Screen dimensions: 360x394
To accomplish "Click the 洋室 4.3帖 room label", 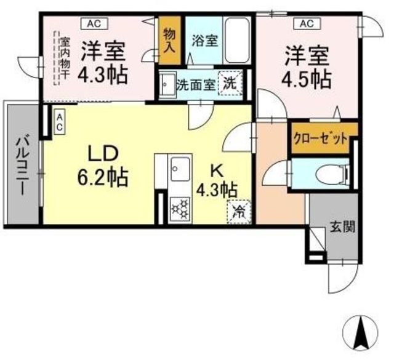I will (103, 62).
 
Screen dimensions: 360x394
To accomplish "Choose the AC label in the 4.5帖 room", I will (307, 24).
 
